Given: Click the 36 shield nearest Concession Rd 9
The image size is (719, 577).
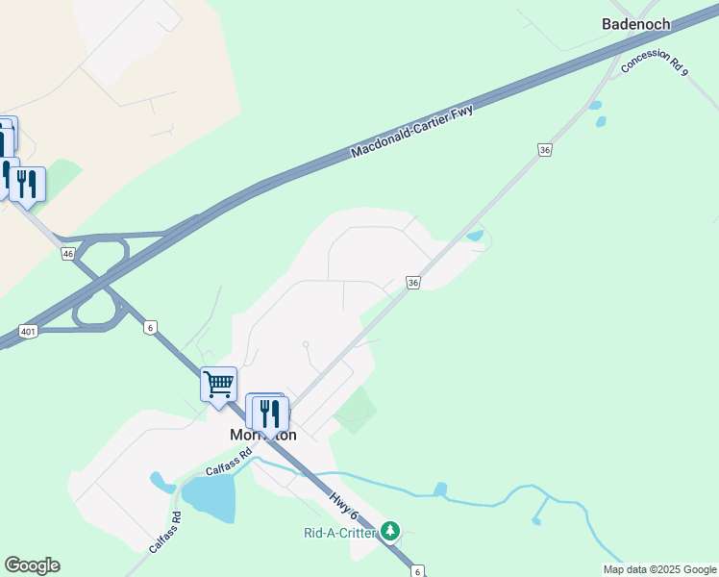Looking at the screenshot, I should (545, 150).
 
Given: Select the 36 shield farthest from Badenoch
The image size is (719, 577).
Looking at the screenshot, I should (413, 283).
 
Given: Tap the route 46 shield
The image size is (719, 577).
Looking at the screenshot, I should (67, 254).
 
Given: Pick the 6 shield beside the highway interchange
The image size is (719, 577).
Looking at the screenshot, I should (151, 328).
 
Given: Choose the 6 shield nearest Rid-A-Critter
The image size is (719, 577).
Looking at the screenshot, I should (416, 571).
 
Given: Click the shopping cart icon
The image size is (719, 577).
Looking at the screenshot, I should (219, 385).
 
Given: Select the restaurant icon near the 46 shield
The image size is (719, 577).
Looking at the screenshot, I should (27, 183).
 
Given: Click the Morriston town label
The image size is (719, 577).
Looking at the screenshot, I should (262, 435).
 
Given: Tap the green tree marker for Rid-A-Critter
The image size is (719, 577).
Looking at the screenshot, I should (389, 530).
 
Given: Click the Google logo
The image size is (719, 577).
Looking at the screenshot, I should (32, 565).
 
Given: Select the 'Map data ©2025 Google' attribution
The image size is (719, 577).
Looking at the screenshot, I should (659, 569).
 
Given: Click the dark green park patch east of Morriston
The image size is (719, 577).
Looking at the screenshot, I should (355, 409).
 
